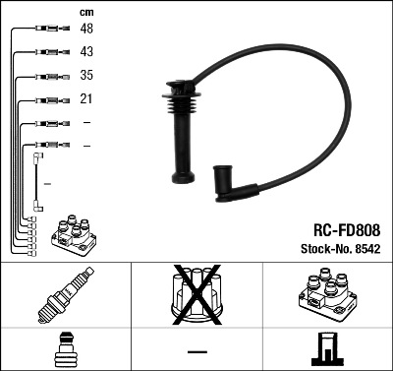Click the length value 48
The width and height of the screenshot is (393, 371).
click(87, 30)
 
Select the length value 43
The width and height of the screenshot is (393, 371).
click(87, 52)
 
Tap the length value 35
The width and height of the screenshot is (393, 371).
click(87, 76)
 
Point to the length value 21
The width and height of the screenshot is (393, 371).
click(86, 99)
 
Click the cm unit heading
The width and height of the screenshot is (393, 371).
click(85, 11)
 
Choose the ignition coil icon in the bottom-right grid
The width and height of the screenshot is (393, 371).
click(326, 294)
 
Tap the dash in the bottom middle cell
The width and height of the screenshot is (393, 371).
click(196, 350)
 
